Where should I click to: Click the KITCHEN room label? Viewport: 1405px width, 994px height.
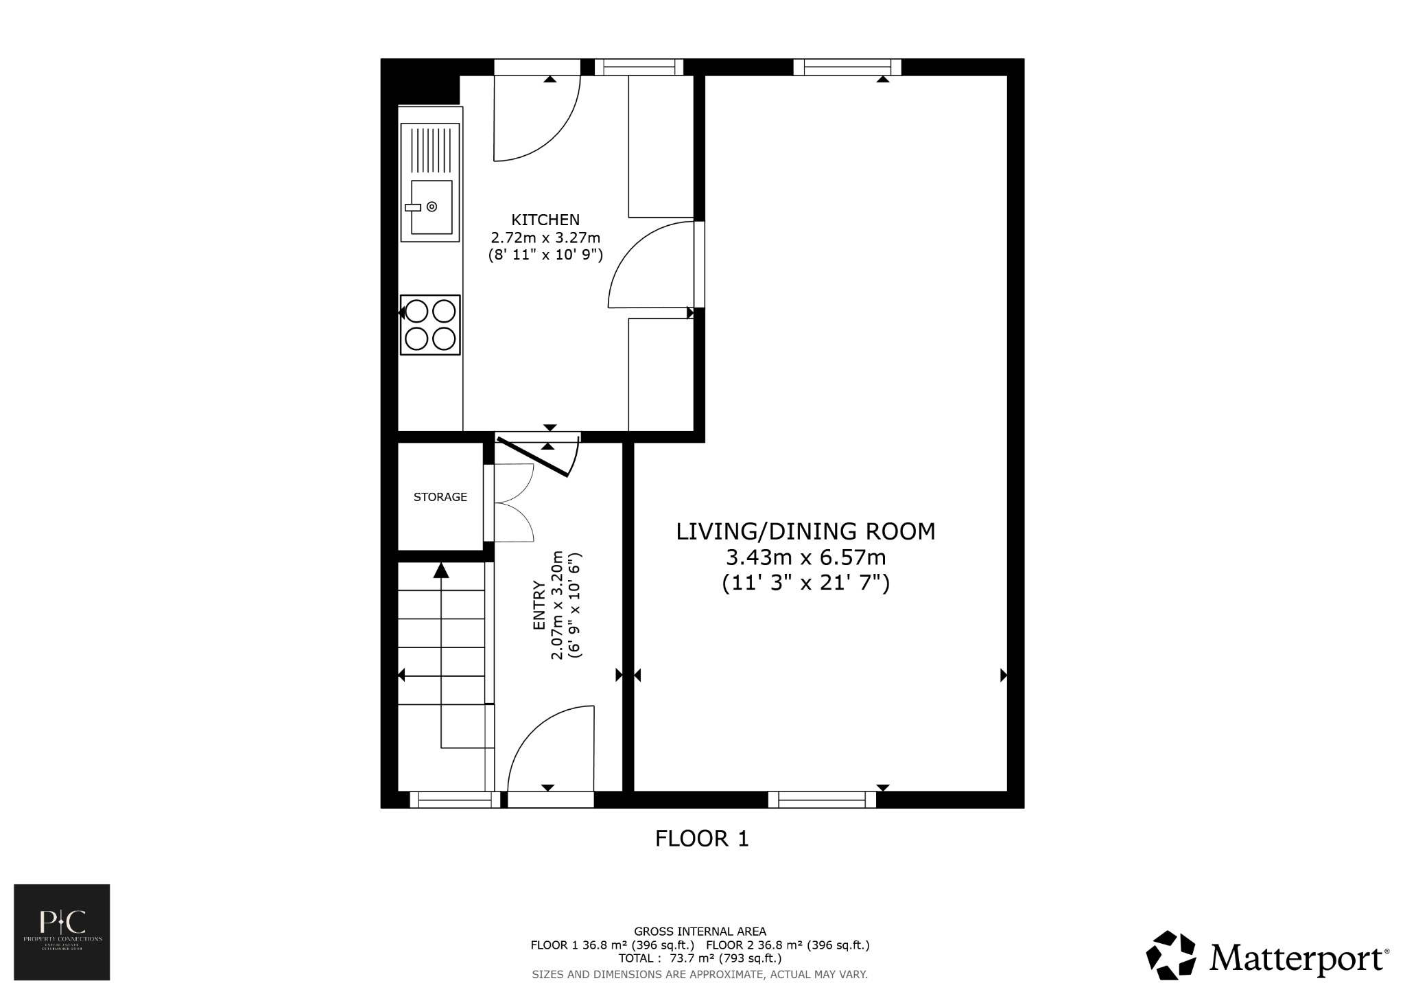(545, 220)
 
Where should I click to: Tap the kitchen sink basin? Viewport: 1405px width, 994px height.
(432, 207)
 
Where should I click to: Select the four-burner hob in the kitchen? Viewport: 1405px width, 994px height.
(430, 325)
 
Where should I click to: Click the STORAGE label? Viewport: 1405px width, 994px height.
(440, 497)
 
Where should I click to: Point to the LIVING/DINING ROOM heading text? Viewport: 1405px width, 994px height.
(805, 531)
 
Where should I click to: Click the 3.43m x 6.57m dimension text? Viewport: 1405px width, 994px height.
(805, 557)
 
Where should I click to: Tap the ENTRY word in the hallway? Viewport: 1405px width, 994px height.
(539, 605)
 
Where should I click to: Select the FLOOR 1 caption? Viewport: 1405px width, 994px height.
(701, 839)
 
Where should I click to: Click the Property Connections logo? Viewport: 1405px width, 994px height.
(62, 932)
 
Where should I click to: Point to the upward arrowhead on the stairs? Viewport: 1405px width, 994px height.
(441, 570)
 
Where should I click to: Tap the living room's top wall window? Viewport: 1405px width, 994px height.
(847, 67)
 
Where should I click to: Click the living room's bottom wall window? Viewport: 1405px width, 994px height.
(822, 799)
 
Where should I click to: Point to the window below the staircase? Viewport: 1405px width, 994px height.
(455, 799)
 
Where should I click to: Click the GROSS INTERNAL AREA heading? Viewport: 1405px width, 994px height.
(700, 932)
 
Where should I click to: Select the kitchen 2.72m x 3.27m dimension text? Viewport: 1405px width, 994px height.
(545, 238)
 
